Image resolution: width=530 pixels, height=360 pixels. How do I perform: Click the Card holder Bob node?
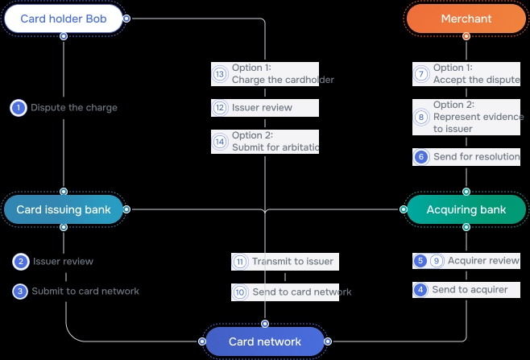click(x=63, y=18)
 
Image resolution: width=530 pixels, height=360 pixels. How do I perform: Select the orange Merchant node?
click(x=466, y=18)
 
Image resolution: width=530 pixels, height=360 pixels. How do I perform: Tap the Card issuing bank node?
click(x=63, y=209)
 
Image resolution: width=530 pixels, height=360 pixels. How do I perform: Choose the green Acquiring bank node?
click(x=466, y=209)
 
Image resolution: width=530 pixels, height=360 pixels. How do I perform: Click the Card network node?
click(x=265, y=341)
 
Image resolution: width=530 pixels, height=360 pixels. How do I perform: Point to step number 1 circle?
click(x=19, y=108)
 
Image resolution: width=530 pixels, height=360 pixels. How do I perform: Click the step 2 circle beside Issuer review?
click(x=21, y=262)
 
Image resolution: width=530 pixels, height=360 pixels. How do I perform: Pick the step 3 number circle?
click(x=20, y=292)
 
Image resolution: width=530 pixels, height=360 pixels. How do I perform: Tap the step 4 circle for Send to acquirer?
click(x=420, y=289)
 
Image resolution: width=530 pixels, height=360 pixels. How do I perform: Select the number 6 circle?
click(x=421, y=157)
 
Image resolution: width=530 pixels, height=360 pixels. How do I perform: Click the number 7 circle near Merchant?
click(x=421, y=74)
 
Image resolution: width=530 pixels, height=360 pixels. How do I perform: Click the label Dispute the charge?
click(x=74, y=108)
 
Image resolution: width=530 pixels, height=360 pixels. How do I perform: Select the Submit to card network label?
click(x=85, y=292)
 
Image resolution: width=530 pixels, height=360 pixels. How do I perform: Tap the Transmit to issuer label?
click(x=292, y=262)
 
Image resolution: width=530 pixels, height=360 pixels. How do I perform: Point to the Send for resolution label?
click(x=476, y=157)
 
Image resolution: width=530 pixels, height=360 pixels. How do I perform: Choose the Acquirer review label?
click(x=483, y=261)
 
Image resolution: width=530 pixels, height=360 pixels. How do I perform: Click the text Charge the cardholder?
click(x=282, y=80)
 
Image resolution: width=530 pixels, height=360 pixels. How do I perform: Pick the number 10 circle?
click(x=240, y=292)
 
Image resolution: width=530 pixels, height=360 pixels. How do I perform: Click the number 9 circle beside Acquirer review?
click(x=437, y=261)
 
